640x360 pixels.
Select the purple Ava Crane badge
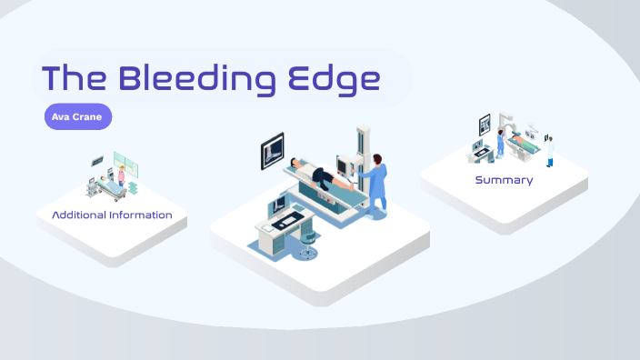(x=77, y=117)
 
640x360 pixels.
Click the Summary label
(x=504, y=180)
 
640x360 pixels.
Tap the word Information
(x=141, y=215)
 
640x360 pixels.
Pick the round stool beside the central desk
(x=309, y=248)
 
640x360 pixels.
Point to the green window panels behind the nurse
(x=130, y=165)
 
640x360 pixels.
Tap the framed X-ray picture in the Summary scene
(x=485, y=123)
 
